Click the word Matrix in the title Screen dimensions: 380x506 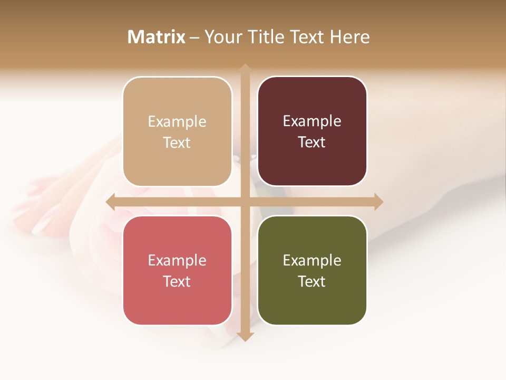[x=157, y=37]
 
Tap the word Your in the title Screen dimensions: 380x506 [x=222, y=37]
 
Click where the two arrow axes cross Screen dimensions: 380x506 [x=245, y=202]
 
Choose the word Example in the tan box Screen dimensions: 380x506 [x=177, y=121]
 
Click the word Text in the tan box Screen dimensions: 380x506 [x=177, y=142]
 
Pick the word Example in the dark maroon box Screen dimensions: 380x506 [x=312, y=121]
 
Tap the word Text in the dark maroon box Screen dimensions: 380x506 [x=312, y=142]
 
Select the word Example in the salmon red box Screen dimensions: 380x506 [x=177, y=260]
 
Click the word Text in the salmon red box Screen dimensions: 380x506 [x=177, y=281]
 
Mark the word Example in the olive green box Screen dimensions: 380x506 [x=312, y=260]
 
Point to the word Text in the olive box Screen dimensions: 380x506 [x=312, y=281]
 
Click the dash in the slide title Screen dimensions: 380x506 [x=194, y=37]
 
